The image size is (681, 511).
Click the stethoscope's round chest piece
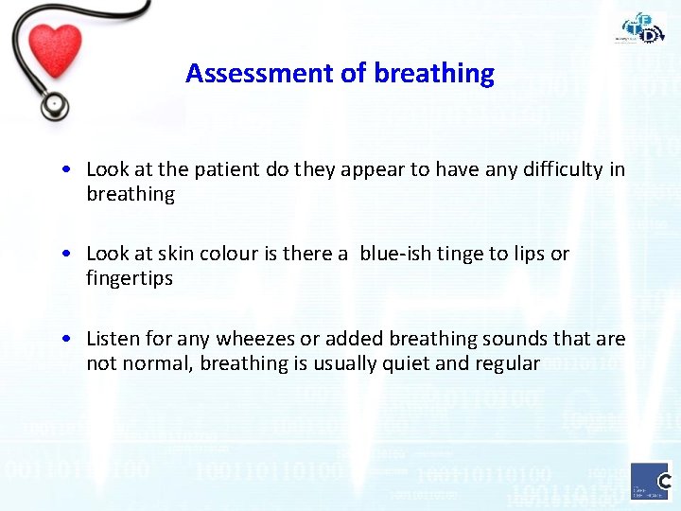(x=54, y=104)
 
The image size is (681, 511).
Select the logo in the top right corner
(x=642, y=27)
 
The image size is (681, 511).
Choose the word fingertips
(x=130, y=278)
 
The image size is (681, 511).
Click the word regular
(x=507, y=363)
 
